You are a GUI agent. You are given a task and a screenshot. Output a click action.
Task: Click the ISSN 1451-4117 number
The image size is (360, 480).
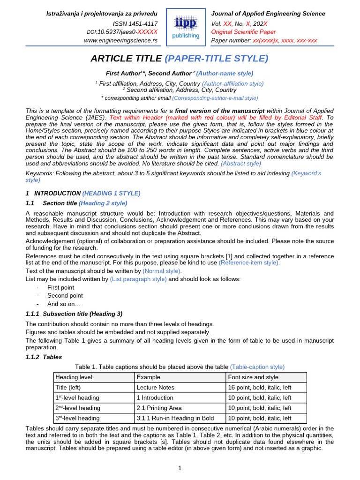[135, 23]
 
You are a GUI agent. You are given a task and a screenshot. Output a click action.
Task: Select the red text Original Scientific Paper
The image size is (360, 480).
[244, 32]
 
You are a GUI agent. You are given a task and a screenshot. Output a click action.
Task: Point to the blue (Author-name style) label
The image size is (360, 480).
[225, 73]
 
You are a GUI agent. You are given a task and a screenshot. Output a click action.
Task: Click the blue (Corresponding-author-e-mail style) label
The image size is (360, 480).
[215, 98]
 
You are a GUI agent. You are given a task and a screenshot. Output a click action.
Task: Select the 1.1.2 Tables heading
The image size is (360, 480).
[44, 357]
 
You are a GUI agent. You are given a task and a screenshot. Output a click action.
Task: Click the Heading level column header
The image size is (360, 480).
[74, 377]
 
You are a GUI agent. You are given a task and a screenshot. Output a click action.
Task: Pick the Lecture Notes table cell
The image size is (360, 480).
[155, 388]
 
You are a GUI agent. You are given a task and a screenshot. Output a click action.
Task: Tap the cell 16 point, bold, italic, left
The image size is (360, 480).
[259, 388]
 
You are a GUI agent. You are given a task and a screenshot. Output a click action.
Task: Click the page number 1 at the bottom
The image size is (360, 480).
[180, 468]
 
